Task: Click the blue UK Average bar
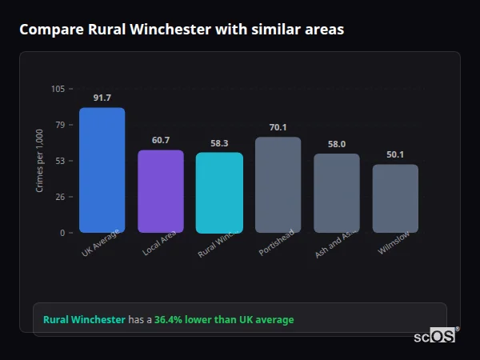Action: pos(102,170)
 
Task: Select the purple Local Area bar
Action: pos(161,191)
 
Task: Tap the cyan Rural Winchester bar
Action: pos(219,193)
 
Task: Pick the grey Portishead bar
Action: pos(278,185)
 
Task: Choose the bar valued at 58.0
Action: pos(336,193)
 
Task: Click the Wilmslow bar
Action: pos(395,198)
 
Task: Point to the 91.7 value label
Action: pos(102,98)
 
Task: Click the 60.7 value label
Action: pos(161,140)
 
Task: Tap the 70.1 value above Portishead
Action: pos(278,127)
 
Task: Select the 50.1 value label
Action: pos(395,154)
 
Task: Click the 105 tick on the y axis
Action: pos(58,89)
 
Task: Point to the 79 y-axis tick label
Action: pos(60,125)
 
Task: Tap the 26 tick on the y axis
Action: pos(60,197)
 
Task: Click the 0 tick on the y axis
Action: pos(62,233)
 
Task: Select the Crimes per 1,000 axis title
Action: pos(39,161)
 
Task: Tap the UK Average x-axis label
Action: pos(100,245)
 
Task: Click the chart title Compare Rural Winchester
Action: pos(182,30)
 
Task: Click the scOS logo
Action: pos(434,337)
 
